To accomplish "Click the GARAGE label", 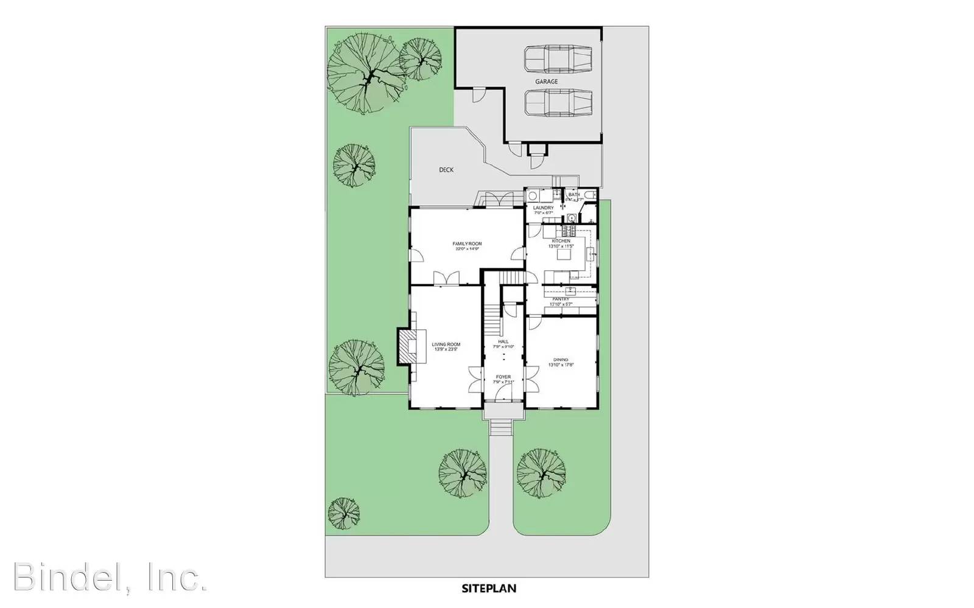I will coord(546,82).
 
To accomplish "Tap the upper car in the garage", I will coord(558,58).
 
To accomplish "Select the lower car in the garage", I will coord(558,102).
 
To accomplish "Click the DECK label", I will coord(446,170).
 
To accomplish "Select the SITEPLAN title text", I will coord(489,589).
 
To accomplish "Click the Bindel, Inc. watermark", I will coord(110,577).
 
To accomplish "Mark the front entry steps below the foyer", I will coord(503,426).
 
